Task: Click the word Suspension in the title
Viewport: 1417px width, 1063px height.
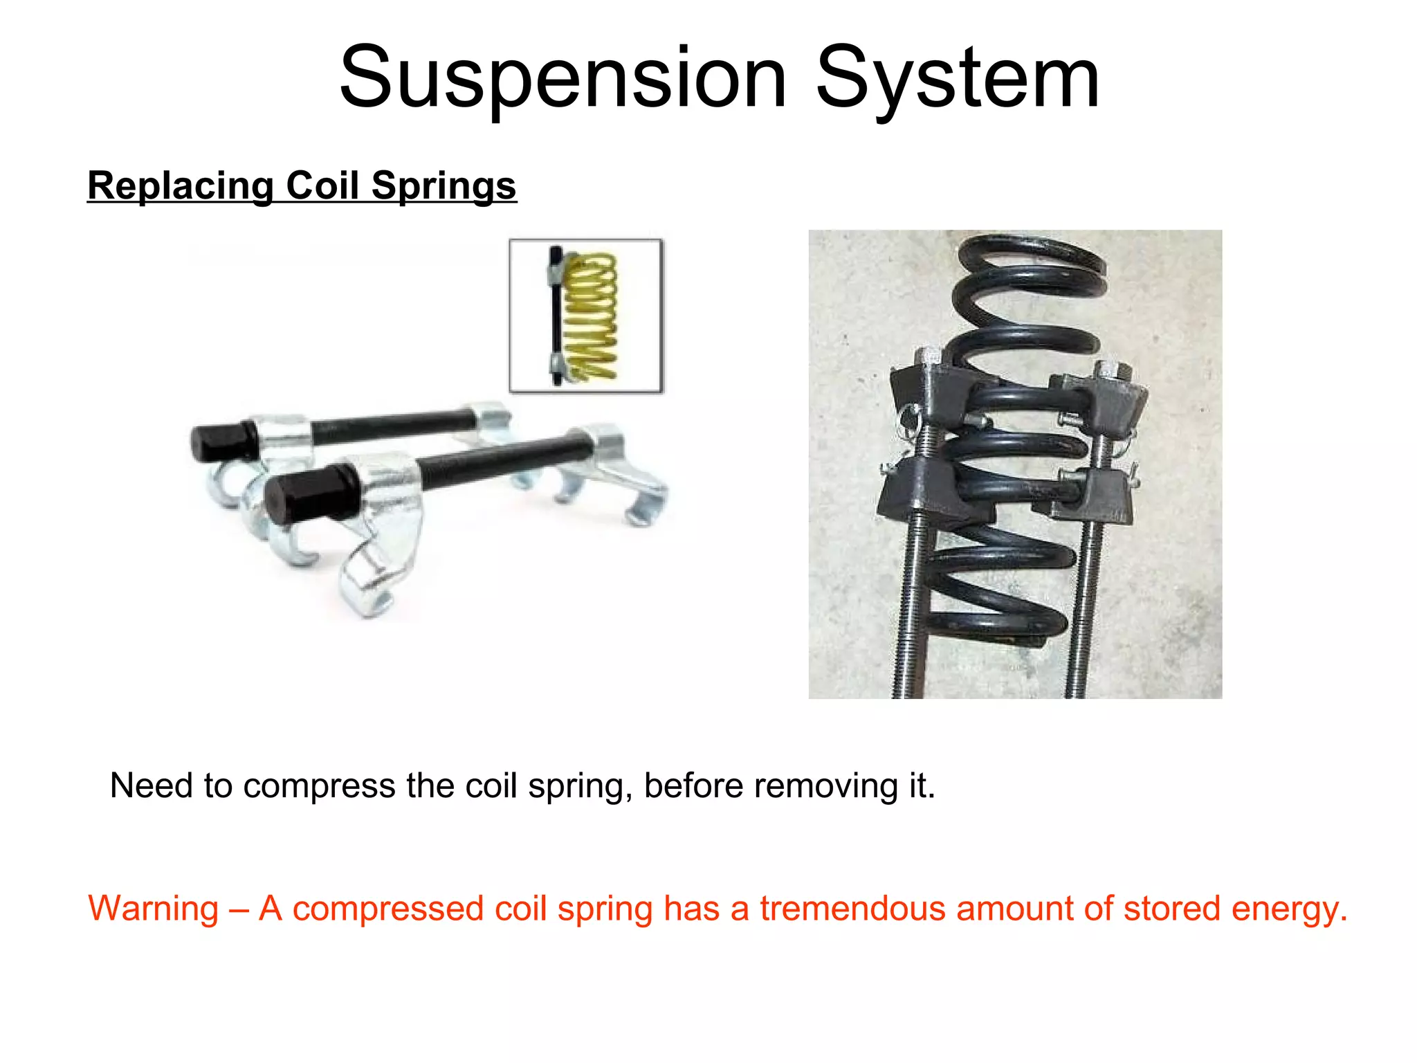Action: point(562,78)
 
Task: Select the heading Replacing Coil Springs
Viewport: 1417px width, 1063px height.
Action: point(302,185)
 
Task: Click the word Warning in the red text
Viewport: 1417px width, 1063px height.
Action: point(154,908)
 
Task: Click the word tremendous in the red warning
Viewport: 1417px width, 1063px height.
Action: point(852,908)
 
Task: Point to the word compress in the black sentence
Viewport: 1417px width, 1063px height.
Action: point(319,786)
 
